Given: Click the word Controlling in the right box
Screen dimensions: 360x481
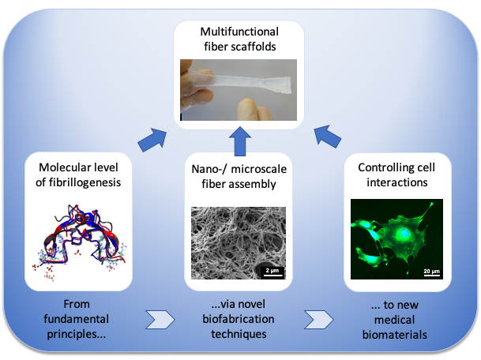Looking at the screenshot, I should (385, 167).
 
